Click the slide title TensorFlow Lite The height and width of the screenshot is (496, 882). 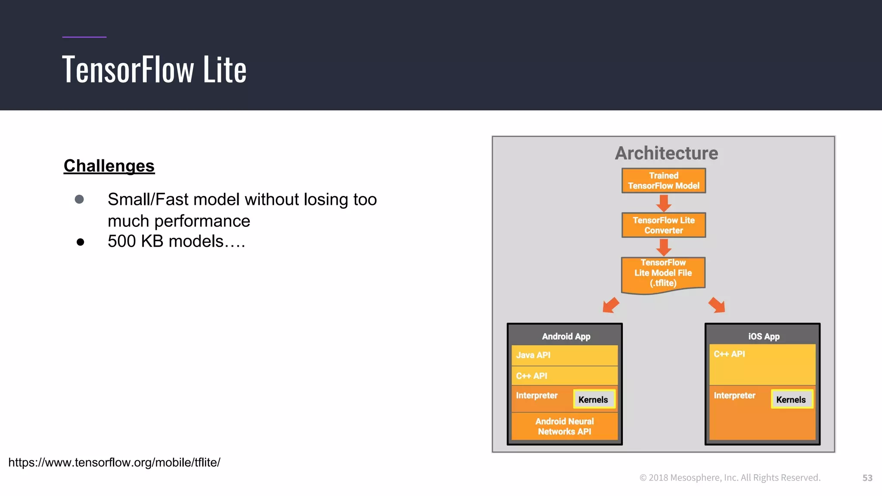pyautogui.click(x=154, y=69)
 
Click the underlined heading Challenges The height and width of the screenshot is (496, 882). pyautogui.click(x=109, y=166)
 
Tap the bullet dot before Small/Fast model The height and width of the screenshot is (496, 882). pyautogui.click(x=79, y=199)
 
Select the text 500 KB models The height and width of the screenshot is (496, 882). pyautogui.click(x=176, y=242)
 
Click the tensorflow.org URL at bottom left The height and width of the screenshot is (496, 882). pyautogui.click(x=114, y=462)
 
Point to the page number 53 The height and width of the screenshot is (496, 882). pyautogui.click(x=867, y=478)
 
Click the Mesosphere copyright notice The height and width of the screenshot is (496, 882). pyautogui.click(x=730, y=477)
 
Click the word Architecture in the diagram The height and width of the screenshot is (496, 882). pyautogui.click(x=666, y=153)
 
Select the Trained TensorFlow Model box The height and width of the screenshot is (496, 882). pyautogui.click(x=663, y=181)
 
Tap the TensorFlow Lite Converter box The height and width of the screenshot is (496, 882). pyautogui.click(x=663, y=225)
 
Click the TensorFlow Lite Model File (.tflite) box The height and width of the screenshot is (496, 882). pyautogui.click(x=663, y=273)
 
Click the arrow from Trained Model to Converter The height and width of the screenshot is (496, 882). pyautogui.click(x=664, y=203)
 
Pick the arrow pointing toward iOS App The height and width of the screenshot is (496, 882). pyautogui.click(x=717, y=305)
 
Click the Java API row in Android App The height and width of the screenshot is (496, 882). pyautogui.click(x=564, y=355)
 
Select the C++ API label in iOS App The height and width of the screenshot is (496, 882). pyautogui.click(x=729, y=354)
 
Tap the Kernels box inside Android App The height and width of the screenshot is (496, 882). pyautogui.click(x=593, y=400)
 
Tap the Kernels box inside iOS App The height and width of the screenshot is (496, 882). pyautogui.click(x=791, y=400)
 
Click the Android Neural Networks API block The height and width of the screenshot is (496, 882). pyautogui.click(x=564, y=426)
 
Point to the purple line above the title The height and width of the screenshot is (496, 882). pyautogui.click(x=84, y=37)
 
